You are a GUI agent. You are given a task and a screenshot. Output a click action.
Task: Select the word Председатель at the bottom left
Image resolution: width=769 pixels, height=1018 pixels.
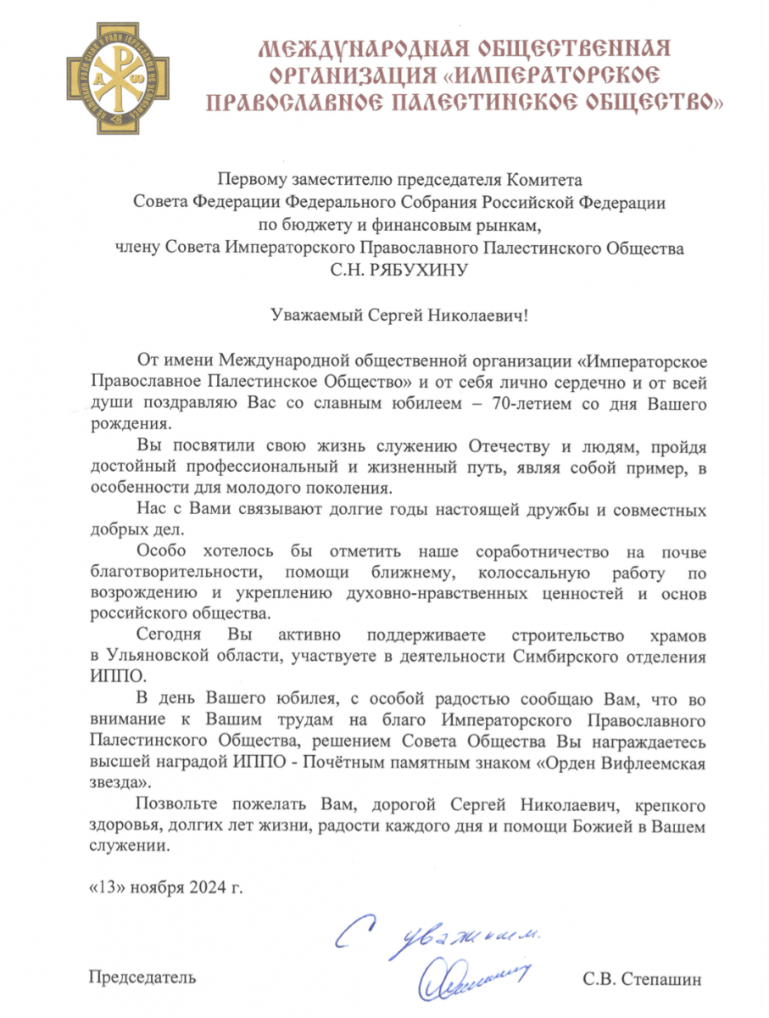(x=142, y=977)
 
